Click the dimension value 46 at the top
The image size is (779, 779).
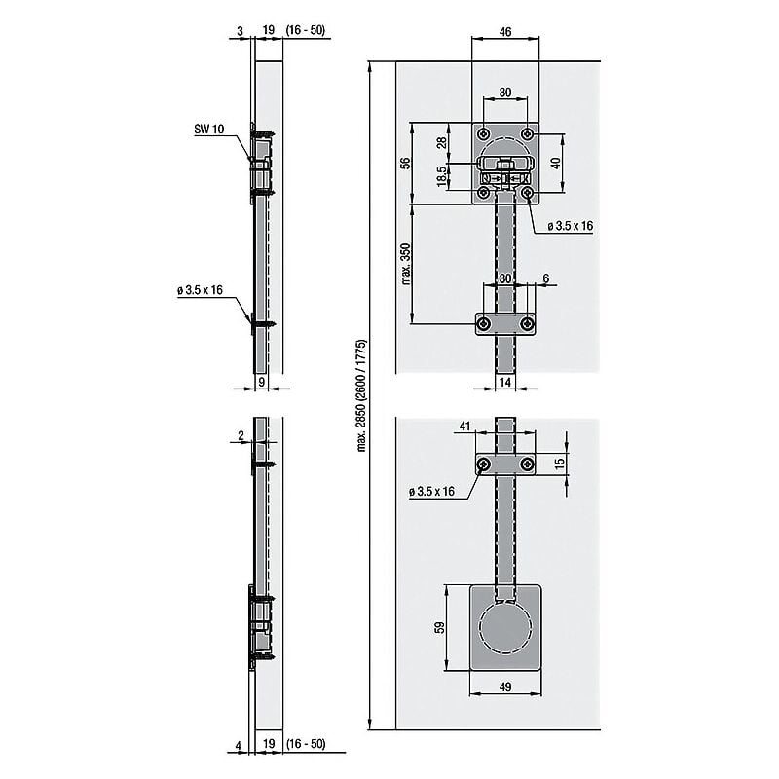click(505, 32)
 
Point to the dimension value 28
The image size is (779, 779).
click(442, 142)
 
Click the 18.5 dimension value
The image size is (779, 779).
click(442, 176)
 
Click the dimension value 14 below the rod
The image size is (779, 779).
click(505, 384)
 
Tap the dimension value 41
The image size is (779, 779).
click(464, 426)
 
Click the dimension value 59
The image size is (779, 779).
click(439, 628)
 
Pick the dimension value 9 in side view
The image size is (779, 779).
click(262, 384)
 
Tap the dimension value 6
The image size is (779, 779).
click(545, 278)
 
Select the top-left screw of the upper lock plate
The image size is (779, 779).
click(484, 132)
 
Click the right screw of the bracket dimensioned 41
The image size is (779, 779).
click(527, 465)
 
